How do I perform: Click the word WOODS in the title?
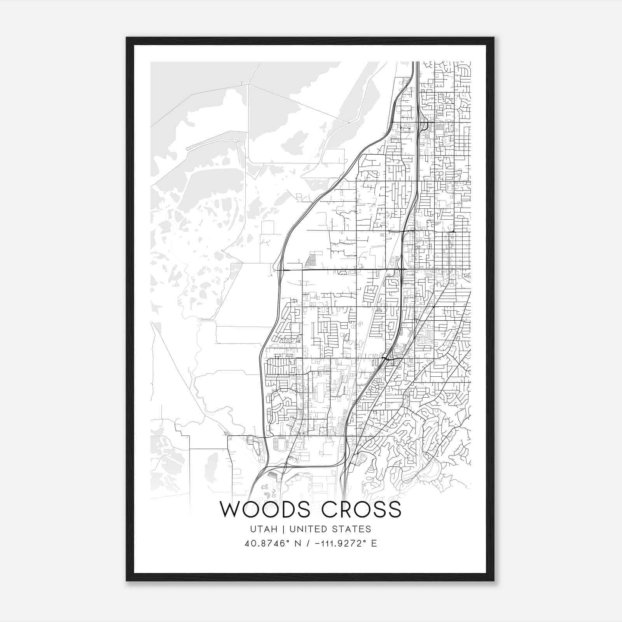(x=267, y=510)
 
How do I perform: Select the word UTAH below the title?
(x=264, y=529)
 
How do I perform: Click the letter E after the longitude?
(x=374, y=543)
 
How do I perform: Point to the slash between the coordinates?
(x=308, y=543)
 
